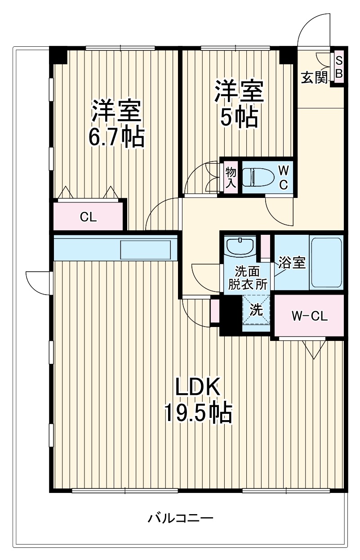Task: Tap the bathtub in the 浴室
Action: pos(327,263)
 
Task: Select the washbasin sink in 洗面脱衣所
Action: pos(240,247)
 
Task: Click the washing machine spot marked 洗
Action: pos(256,310)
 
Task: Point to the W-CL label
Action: pos(310,316)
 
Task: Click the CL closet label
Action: pos(89,217)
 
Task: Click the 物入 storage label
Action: pos(231,177)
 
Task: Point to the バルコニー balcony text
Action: pos(180,518)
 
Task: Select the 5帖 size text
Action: pos(239,117)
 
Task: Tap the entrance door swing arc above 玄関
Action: pos(314,29)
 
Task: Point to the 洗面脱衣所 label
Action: pos(247,278)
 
